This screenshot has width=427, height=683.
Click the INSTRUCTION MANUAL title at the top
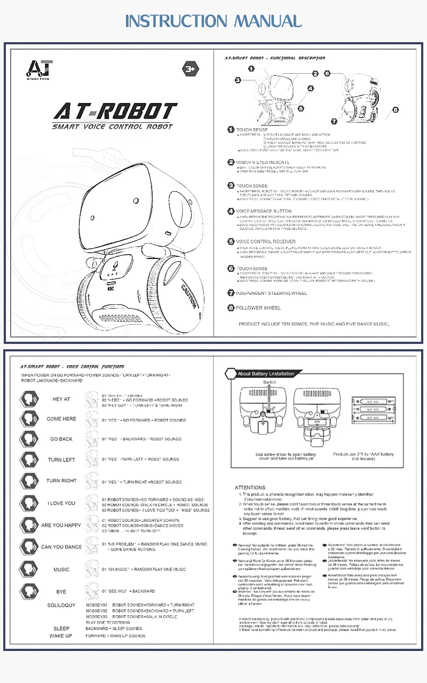(x=213, y=21)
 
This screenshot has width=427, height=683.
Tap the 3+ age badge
(x=191, y=68)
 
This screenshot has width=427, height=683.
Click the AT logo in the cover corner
(x=40, y=68)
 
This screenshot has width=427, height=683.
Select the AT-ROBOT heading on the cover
(x=115, y=112)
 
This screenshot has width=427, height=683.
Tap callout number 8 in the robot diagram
(x=396, y=109)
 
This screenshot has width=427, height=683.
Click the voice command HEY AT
(x=61, y=399)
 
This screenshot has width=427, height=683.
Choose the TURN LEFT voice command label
(x=61, y=460)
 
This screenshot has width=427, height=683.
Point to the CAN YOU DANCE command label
(x=61, y=547)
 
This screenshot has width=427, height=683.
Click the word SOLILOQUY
(x=61, y=605)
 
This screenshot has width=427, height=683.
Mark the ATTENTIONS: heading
(x=250, y=488)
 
